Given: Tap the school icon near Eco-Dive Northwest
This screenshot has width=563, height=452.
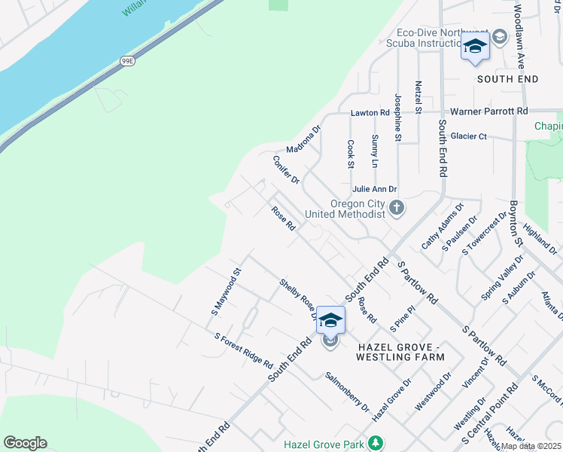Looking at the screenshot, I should point(475,47).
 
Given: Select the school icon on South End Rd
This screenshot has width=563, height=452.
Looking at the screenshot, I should point(330,320).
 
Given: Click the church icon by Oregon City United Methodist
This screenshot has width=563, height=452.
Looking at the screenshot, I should point(397,207).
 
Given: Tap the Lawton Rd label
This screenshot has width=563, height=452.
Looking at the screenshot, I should point(370,113).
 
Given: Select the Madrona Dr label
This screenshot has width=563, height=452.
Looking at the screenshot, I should point(303,137).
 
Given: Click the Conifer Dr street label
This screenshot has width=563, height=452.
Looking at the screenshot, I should point(287,169).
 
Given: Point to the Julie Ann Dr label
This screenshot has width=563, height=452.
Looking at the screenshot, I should point(373,189).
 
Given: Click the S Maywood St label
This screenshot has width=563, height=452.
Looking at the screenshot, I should point(225,293).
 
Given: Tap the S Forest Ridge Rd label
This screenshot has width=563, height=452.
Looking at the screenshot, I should point(243,351).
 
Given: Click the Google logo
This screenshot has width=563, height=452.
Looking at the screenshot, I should point(25,442).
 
